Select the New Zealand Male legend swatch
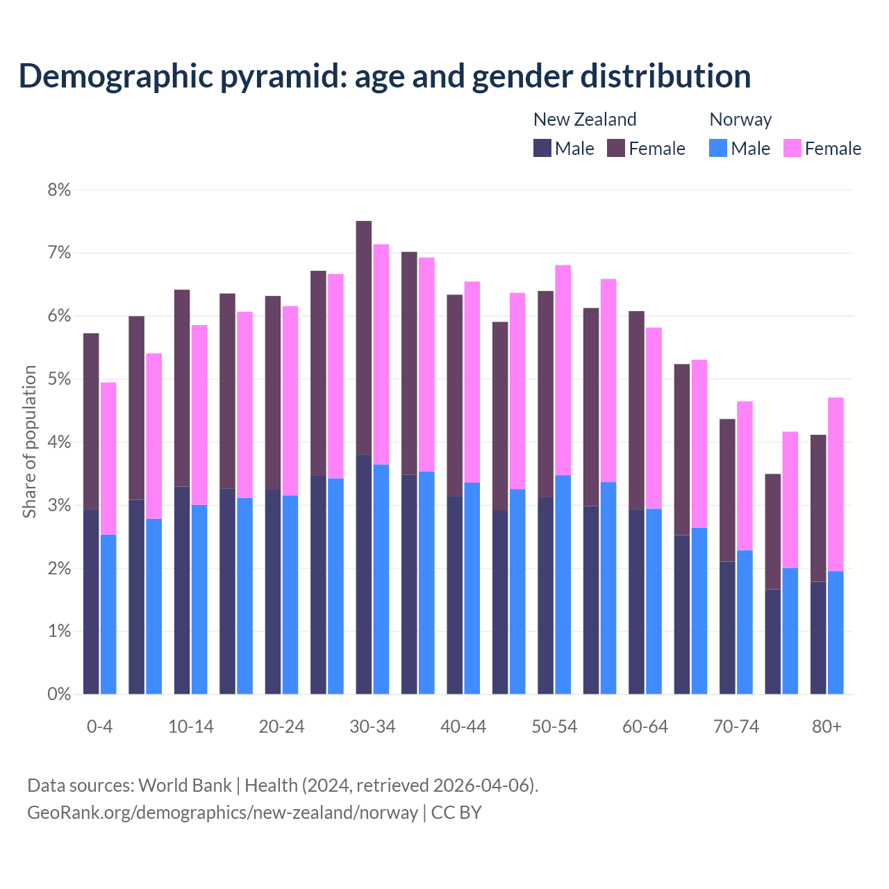point(542,148)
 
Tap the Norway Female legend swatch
point(792,148)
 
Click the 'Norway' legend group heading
point(740,119)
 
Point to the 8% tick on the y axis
point(59,190)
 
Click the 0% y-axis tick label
point(59,694)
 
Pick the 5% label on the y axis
point(59,379)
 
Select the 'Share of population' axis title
point(29,442)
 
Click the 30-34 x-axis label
point(372,726)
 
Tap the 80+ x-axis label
point(826,726)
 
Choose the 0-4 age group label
point(99,726)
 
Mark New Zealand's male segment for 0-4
point(91,601)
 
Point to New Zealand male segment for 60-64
point(636,601)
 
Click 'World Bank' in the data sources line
point(185,786)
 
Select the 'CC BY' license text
point(456,813)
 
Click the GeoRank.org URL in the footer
point(222,813)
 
